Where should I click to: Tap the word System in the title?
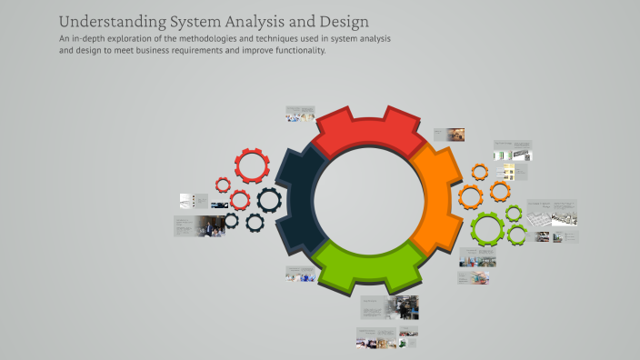pyautogui.click(x=195, y=21)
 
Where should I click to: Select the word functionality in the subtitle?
pyautogui.click(x=294, y=51)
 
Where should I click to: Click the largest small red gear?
pyautogui.click(x=252, y=166)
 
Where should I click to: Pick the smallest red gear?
pyautogui.click(x=223, y=185)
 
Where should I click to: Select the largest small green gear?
pyautogui.click(x=487, y=228)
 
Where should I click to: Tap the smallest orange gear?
pyautogui.click(x=480, y=172)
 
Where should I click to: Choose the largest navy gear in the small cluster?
pyautogui.click(x=268, y=200)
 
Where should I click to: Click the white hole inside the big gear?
pyautogui.click(x=368, y=195)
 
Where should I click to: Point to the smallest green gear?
pyautogui.click(x=514, y=215)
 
